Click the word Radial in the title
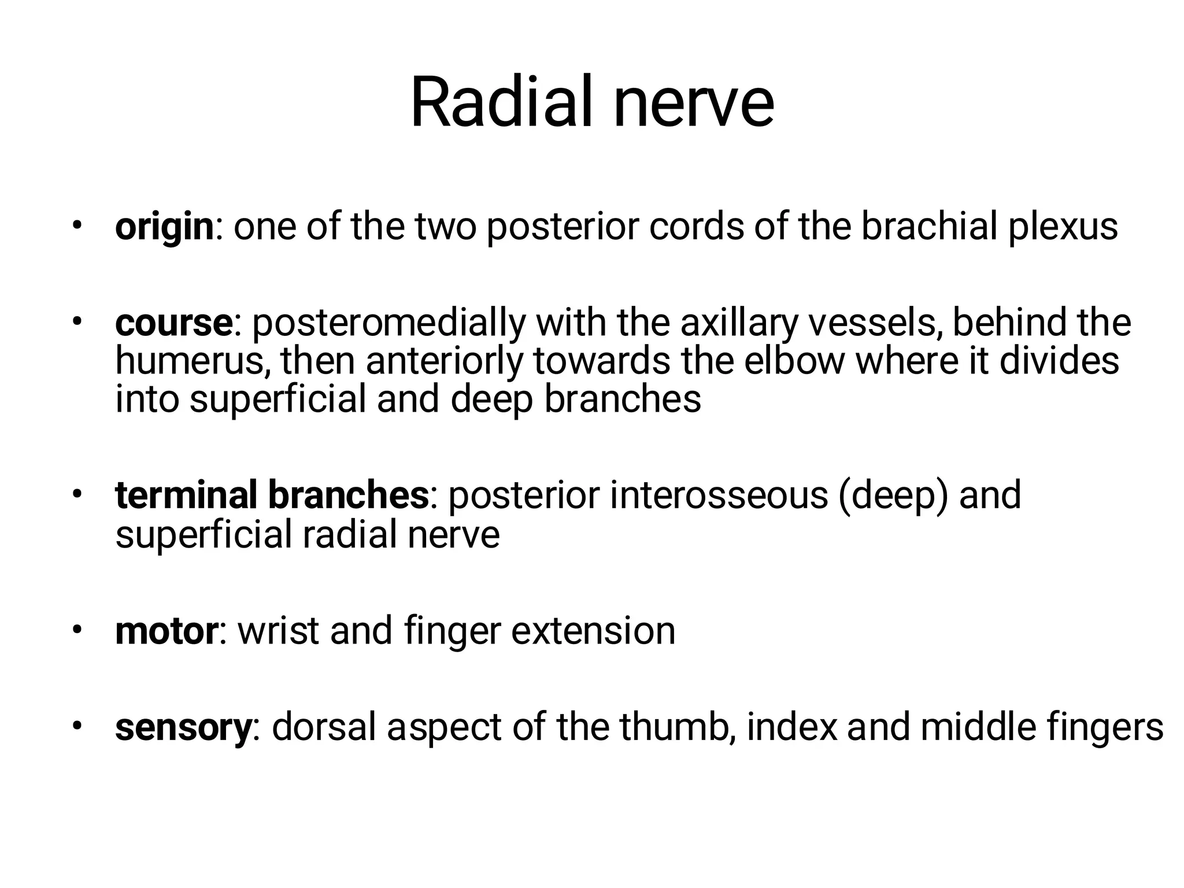click(x=501, y=104)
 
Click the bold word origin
click(x=164, y=227)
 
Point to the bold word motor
click(x=166, y=631)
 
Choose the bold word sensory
click(x=183, y=727)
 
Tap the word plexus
click(x=1063, y=227)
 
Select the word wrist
click(x=278, y=631)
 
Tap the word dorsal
click(x=324, y=727)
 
